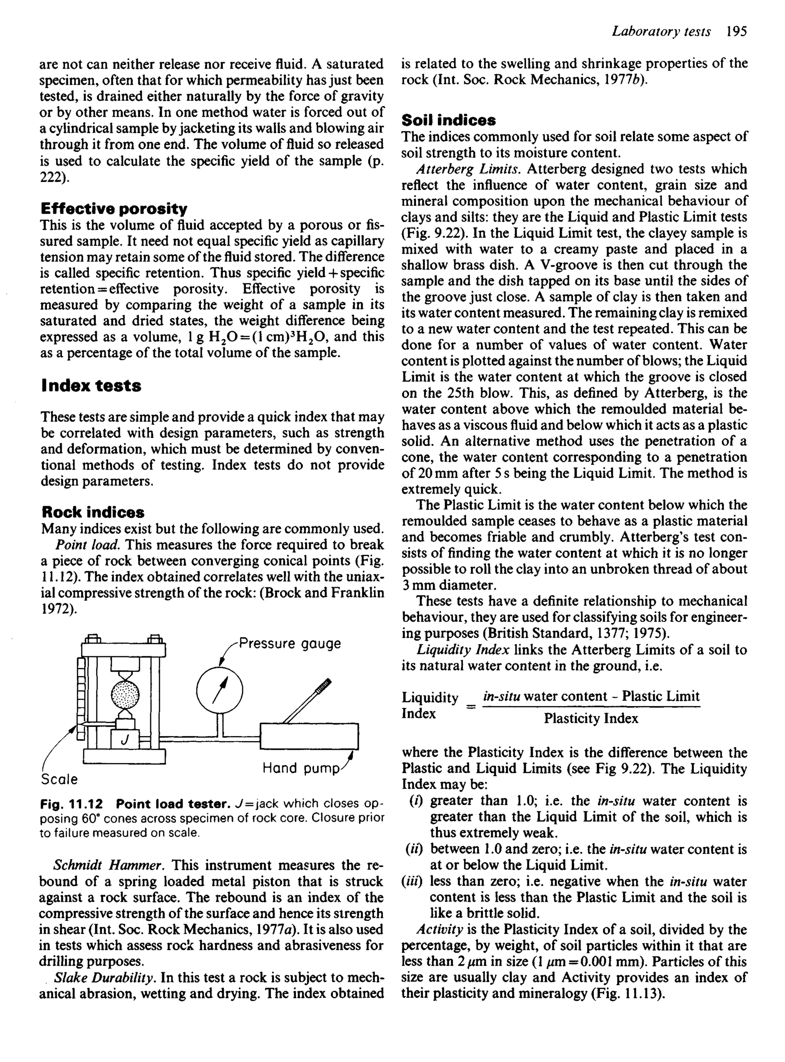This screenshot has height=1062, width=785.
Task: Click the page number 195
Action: (x=737, y=32)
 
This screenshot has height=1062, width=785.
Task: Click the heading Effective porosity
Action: (x=114, y=209)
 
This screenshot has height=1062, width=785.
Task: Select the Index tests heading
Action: (x=91, y=385)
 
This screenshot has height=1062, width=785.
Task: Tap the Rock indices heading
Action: (x=93, y=512)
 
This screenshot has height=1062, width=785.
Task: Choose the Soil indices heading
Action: (x=448, y=120)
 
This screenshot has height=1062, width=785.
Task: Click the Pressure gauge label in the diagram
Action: (x=290, y=644)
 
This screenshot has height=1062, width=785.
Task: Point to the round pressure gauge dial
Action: (x=220, y=690)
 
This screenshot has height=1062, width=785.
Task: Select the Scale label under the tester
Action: (x=59, y=779)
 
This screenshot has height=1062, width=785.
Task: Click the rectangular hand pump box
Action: (x=309, y=736)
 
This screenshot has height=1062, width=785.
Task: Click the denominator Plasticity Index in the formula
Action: (x=591, y=718)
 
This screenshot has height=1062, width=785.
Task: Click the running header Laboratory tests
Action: (x=661, y=32)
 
